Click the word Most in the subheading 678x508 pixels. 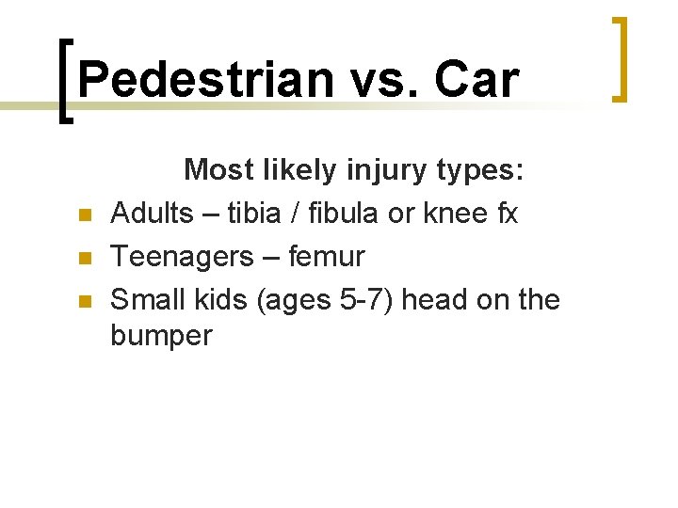pos(218,170)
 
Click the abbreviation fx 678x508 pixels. pos(506,214)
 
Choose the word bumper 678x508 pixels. pos(162,336)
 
